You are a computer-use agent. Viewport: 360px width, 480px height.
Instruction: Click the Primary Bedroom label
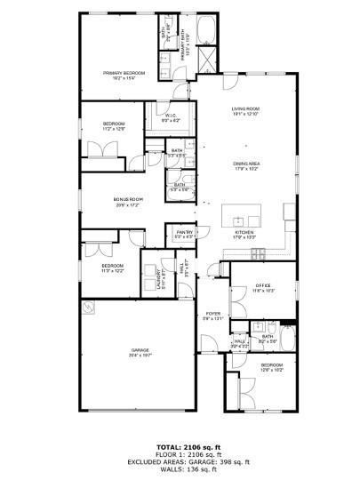coord(124,74)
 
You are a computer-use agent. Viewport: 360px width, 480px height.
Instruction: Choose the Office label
coord(262,285)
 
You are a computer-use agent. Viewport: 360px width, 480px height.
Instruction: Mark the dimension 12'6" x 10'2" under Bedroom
coord(271,370)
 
